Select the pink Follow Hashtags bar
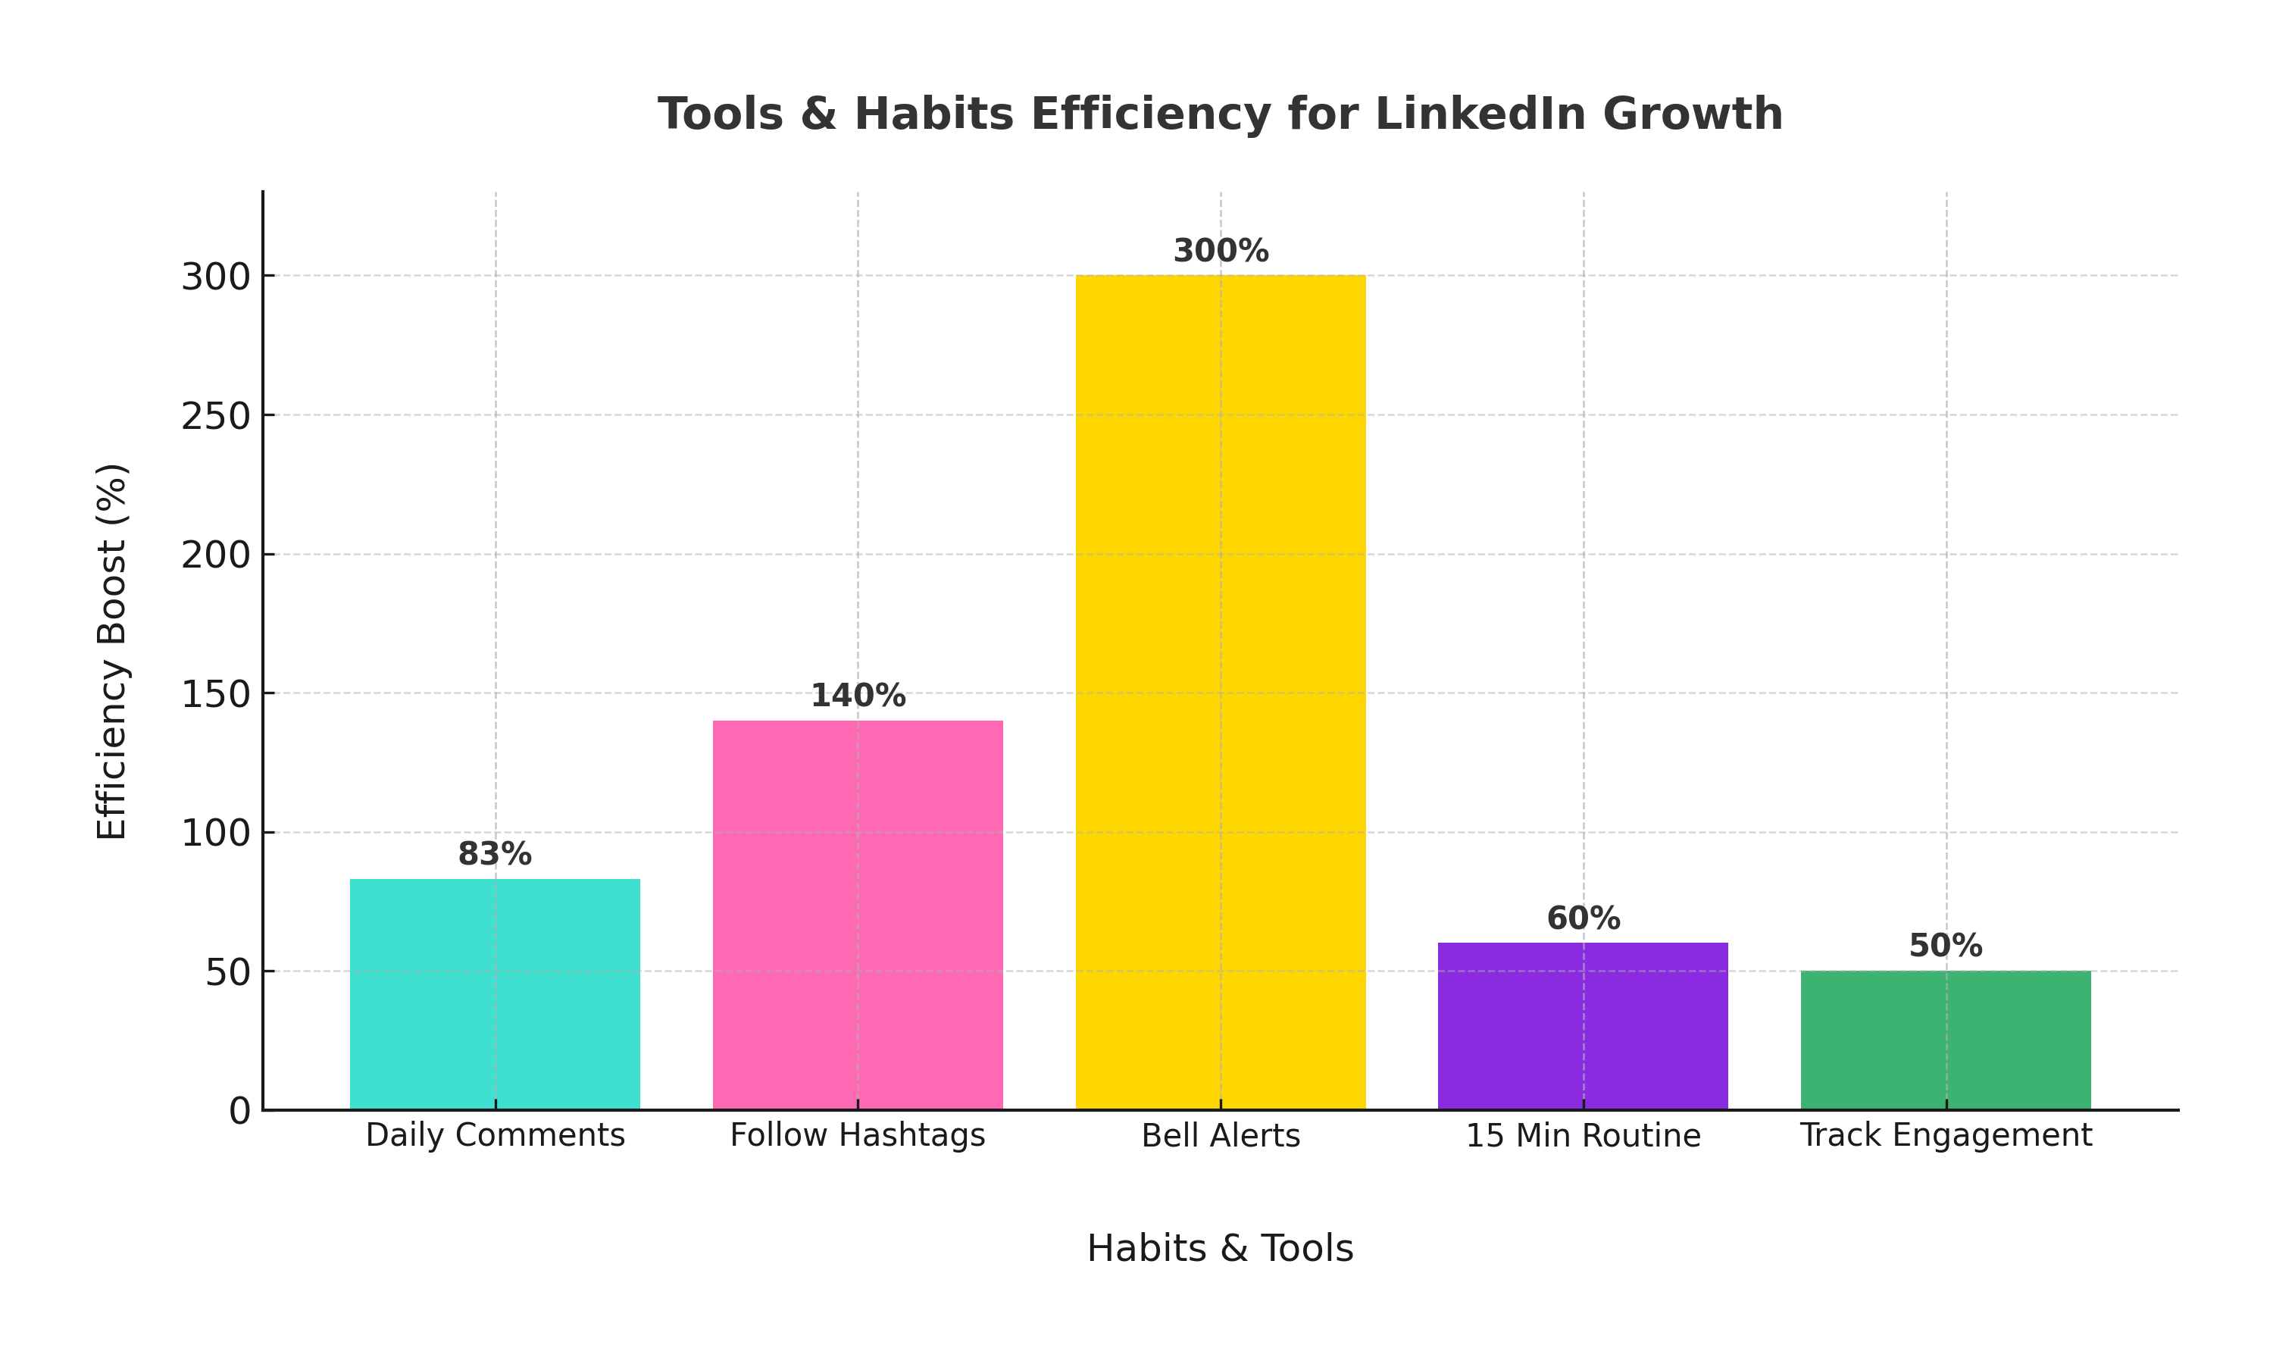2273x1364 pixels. tap(857, 915)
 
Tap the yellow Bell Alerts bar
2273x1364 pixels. tap(1220, 692)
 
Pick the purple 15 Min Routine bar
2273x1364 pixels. tap(1582, 1026)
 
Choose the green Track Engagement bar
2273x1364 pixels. tap(1945, 1040)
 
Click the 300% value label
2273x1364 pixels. tap(1220, 251)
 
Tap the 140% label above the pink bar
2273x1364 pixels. tap(857, 696)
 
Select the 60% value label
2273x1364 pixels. tap(1582, 918)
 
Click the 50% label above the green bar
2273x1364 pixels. tap(1945, 946)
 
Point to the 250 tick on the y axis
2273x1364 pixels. tap(216, 416)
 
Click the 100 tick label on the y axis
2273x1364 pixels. tap(216, 834)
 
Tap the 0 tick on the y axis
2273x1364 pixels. tap(239, 1111)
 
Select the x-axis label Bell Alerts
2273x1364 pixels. tap(1220, 1136)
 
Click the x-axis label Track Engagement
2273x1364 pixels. tap(1945, 1136)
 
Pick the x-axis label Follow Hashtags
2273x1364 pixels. tap(857, 1136)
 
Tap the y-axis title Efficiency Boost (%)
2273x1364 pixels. tap(112, 651)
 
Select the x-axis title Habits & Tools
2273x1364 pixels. tap(1220, 1248)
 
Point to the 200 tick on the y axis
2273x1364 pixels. tap(216, 555)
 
